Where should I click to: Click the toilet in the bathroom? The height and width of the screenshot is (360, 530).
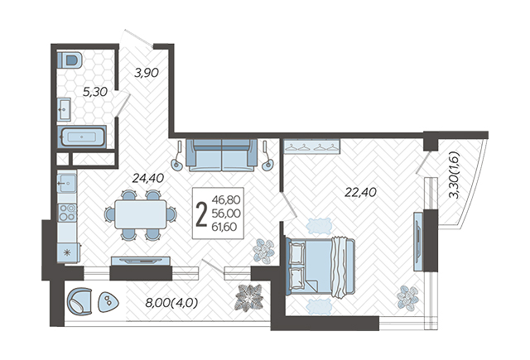click(x=70, y=60)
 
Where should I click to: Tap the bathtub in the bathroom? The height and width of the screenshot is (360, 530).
click(x=82, y=137)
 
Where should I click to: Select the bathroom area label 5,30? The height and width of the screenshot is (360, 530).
click(x=95, y=92)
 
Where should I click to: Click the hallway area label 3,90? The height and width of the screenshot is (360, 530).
click(x=147, y=73)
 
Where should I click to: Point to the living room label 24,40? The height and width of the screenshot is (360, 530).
click(x=148, y=178)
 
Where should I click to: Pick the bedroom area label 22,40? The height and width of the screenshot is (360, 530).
click(x=361, y=192)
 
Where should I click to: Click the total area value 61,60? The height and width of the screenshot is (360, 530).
click(x=224, y=227)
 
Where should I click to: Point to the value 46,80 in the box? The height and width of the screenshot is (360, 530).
click(x=226, y=199)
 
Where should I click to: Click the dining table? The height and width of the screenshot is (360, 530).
click(x=140, y=214)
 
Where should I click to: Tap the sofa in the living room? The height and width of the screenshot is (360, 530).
click(x=222, y=155)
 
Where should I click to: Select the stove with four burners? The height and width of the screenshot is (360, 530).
click(x=67, y=213)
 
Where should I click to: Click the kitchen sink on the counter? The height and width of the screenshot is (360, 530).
click(x=66, y=182)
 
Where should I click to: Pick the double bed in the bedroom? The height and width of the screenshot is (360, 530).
click(x=320, y=267)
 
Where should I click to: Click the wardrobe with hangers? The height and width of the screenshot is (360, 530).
click(x=311, y=146)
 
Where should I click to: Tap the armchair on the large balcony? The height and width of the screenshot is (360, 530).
click(x=79, y=301)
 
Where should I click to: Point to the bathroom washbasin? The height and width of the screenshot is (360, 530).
click(x=64, y=109)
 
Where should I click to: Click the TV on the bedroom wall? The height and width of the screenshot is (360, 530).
click(x=419, y=241)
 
